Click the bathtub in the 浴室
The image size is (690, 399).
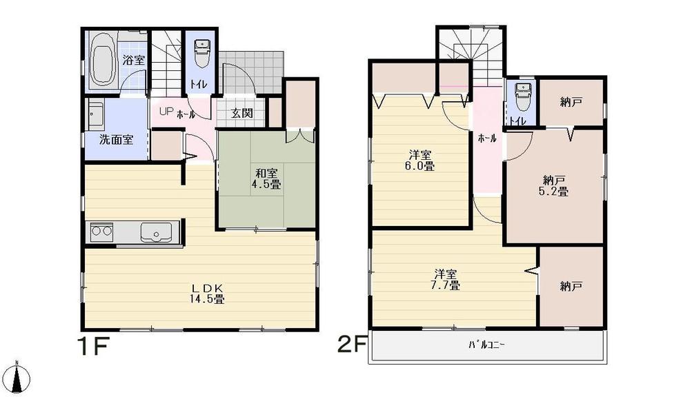coord(103,61)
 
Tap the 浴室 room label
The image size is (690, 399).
coord(134,60)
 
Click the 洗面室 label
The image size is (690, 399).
coord(116,139)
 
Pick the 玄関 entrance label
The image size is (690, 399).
coord(241,113)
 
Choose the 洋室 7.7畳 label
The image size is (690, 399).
coord(446,278)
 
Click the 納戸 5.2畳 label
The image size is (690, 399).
coord(555,186)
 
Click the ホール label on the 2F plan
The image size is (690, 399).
coord(486,139)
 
